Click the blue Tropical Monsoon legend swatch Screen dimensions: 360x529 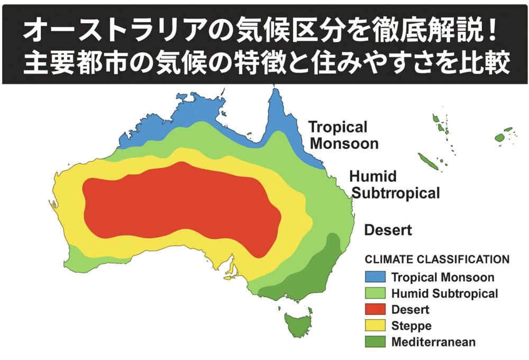pyautogui.click(x=375, y=277)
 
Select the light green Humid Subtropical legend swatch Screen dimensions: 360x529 pyautogui.click(x=375, y=293)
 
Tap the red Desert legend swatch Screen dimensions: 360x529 pyautogui.click(x=375, y=309)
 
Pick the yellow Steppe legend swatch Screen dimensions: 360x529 pyautogui.click(x=375, y=325)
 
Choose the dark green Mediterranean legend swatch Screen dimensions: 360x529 pyautogui.click(x=375, y=341)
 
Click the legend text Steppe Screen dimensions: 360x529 pyautogui.click(x=411, y=326)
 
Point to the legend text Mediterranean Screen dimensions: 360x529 pyautogui.click(x=433, y=342)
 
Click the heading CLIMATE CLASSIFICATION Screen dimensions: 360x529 pyautogui.click(x=437, y=260)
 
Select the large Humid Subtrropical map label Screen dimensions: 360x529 pyautogui.click(x=395, y=184)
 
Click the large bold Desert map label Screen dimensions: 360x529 pyautogui.click(x=388, y=230)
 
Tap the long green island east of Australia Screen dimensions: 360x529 pyautogui.click(x=428, y=161)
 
